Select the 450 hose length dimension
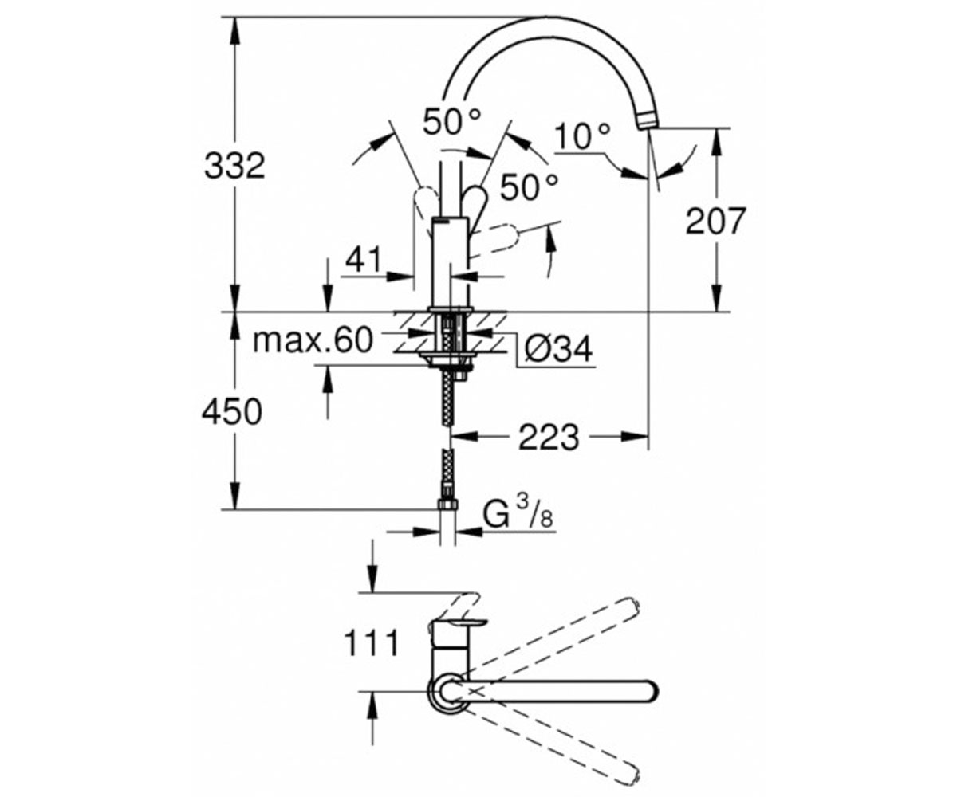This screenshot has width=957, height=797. tap(232, 412)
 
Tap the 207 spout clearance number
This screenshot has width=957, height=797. tap(716, 221)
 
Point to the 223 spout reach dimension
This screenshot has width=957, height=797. tap(549, 437)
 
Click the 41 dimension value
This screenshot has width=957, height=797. tap(364, 260)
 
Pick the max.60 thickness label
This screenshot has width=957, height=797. tap(313, 340)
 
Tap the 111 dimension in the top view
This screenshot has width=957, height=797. tap(372, 643)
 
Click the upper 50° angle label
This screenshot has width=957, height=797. tap(452, 121)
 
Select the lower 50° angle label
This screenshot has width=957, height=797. tap(530, 187)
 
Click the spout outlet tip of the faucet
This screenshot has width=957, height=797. tap(647, 122)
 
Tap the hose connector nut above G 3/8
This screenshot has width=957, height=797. tap(447, 504)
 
